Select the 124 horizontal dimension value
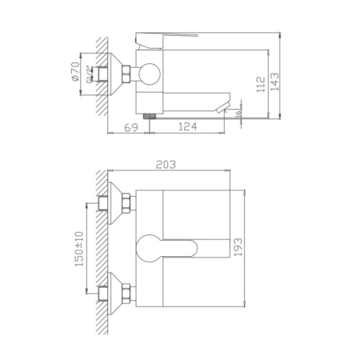[x=188, y=128]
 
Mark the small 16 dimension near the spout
[x=238, y=117]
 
